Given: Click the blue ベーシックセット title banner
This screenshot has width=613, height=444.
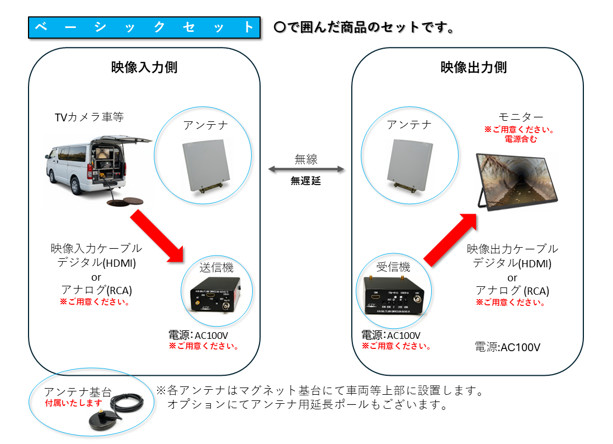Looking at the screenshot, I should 144,27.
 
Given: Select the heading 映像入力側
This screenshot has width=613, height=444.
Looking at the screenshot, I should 144,68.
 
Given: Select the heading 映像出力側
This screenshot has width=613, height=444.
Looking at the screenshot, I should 473,68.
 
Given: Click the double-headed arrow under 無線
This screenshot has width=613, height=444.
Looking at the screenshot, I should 306,169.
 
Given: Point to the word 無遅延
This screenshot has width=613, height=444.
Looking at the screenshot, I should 306,181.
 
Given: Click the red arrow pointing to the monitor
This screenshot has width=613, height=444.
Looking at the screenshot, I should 452,238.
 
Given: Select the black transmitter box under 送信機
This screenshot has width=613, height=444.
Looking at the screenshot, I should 215,294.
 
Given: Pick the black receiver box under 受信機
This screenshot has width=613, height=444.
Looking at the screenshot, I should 394,295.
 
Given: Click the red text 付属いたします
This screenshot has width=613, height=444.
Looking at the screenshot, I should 74,403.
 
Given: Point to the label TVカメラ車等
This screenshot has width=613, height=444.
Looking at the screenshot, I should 89,117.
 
